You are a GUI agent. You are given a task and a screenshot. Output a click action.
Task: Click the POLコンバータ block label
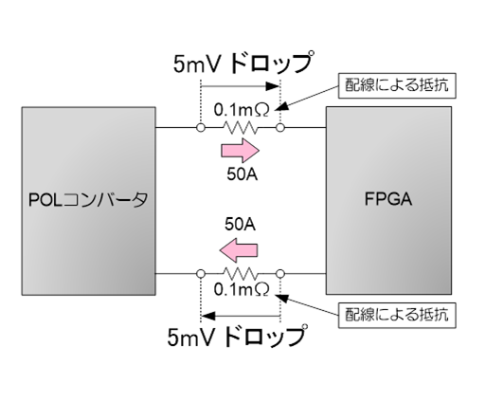pos(88,200)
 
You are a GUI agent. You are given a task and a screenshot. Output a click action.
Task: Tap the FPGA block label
pos(388,199)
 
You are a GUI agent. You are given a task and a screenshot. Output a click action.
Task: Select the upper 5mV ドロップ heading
pos(243,63)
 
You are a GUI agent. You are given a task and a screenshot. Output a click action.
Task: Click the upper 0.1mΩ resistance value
pos(242,110)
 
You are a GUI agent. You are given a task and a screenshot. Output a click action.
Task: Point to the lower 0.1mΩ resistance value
pos(242,289)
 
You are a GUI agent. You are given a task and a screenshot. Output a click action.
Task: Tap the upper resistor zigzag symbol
pos(241,128)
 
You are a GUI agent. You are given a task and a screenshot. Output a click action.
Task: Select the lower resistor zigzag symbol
pos(241,274)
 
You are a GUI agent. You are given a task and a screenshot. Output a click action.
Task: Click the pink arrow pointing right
pos(241,151)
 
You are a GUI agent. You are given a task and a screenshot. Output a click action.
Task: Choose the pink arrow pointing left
pos(239,250)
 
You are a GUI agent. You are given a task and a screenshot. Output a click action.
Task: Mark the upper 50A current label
pos(243,174)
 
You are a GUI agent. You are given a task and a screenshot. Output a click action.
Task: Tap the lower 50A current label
pos(240,225)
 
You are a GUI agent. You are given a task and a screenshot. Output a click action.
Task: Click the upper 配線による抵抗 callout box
pos(397,85)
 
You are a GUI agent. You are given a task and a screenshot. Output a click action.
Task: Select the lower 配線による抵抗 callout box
pos(397,315)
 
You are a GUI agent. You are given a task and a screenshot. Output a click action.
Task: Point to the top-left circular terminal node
pos(201,128)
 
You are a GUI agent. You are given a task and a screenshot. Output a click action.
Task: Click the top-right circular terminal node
pos(280,128)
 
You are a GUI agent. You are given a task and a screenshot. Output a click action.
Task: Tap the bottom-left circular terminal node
pos(201,274)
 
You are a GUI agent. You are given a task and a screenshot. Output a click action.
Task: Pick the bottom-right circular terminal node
pos(280,274)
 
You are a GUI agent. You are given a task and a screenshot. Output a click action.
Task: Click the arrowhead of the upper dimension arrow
pos(273,86)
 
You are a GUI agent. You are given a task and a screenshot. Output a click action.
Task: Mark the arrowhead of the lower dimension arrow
pos(208,316)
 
